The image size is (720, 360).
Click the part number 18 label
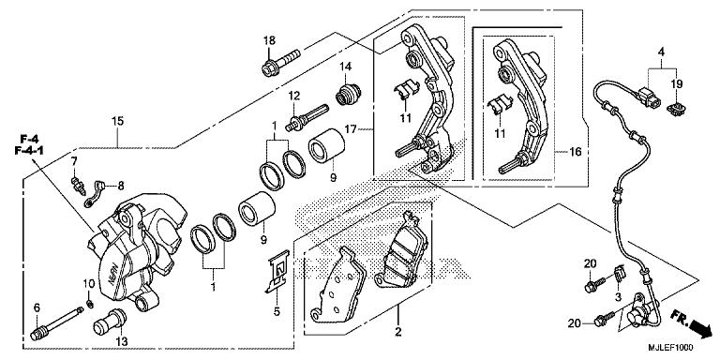(269, 40)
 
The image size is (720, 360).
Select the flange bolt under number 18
(280, 63)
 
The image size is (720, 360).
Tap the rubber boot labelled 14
(349, 93)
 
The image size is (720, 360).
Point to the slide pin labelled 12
(307, 117)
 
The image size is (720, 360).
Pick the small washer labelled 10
(90, 303)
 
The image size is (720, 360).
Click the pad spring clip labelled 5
(277, 272)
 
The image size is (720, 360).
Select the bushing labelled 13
(110, 322)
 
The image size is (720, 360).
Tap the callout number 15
(117, 122)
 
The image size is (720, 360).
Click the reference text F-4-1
(28, 150)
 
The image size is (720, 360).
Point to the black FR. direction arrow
(697, 326)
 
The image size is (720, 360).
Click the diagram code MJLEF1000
(671, 348)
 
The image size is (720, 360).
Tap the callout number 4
(661, 52)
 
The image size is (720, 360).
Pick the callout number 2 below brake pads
(398, 331)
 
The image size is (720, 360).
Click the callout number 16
(575, 152)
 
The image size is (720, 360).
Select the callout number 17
(351, 130)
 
